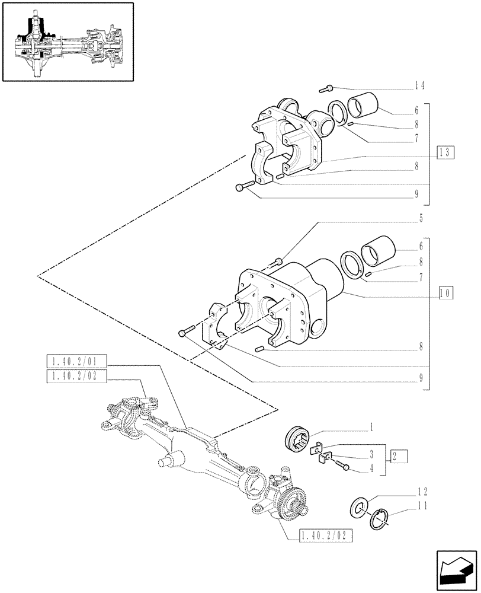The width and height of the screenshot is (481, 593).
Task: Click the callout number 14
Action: [x=419, y=85]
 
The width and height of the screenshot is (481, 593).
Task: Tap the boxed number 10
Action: [x=446, y=292]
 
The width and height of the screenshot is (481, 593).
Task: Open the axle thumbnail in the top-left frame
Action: [x=68, y=42]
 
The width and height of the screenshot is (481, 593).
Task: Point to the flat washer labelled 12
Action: [x=359, y=508]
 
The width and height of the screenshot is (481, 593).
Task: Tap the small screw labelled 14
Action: [x=325, y=90]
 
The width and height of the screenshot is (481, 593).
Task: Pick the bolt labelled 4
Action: [x=343, y=466]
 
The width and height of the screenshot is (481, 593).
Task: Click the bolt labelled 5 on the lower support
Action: [x=280, y=262]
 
